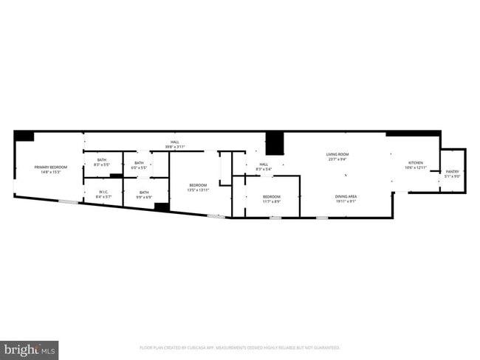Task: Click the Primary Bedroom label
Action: (x=50, y=169)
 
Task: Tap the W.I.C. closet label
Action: (x=103, y=195)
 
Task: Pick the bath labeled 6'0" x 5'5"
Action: (x=139, y=166)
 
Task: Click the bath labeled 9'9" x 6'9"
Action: (x=143, y=195)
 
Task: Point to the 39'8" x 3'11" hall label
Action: (x=175, y=144)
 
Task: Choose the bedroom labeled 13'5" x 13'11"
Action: (x=198, y=187)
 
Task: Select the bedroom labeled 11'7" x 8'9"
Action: (x=272, y=198)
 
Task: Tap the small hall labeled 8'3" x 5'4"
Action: (x=264, y=167)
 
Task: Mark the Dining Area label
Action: (x=346, y=198)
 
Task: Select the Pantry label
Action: (x=452, y=173)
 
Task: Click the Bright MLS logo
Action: (x=30, y=349)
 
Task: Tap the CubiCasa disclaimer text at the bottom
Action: (x=240, y=347)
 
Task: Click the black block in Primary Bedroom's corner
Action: (x=24, y=136)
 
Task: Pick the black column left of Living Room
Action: (x=275, y=143)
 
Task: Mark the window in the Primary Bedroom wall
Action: (x=68, y=201)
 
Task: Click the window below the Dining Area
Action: (x=322, y=218)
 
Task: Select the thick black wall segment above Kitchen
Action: (x=413, y=134)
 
